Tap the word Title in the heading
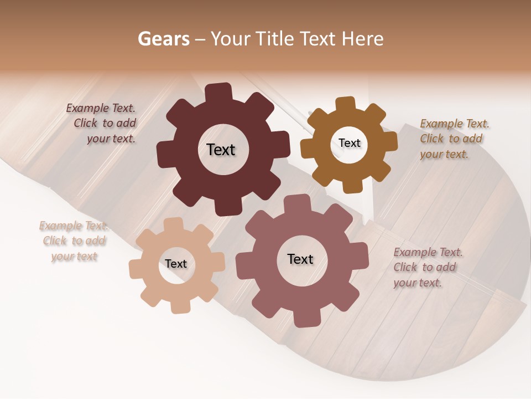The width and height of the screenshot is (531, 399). (275, 39)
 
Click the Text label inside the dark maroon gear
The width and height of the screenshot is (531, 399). (221, 150)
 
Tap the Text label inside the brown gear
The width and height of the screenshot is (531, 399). (350, 143)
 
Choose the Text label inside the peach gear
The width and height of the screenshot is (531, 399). (176, 264)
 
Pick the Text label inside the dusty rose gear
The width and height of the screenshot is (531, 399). (300, 259)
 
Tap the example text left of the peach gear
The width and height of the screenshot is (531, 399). (74, 241)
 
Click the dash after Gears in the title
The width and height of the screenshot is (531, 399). (200, 39)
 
